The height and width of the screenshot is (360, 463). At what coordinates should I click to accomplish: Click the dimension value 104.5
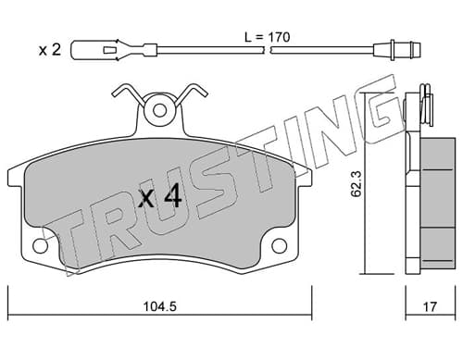pos(160,306)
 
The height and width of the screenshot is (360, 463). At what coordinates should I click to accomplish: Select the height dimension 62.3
pos(357,184)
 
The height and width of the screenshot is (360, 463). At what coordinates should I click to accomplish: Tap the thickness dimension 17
pos(430,306)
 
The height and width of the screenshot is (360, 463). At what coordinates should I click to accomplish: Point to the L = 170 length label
pos(268,37)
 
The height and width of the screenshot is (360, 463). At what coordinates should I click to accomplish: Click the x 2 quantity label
pos(50,50)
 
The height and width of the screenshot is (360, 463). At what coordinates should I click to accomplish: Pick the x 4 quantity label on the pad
pos(159,198)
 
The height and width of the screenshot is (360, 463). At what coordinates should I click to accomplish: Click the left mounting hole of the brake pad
pos(40,246)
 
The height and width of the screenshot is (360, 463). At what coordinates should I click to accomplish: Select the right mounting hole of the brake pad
pos(279,246)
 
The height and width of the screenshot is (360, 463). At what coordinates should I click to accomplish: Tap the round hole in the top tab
pos(159,110)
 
